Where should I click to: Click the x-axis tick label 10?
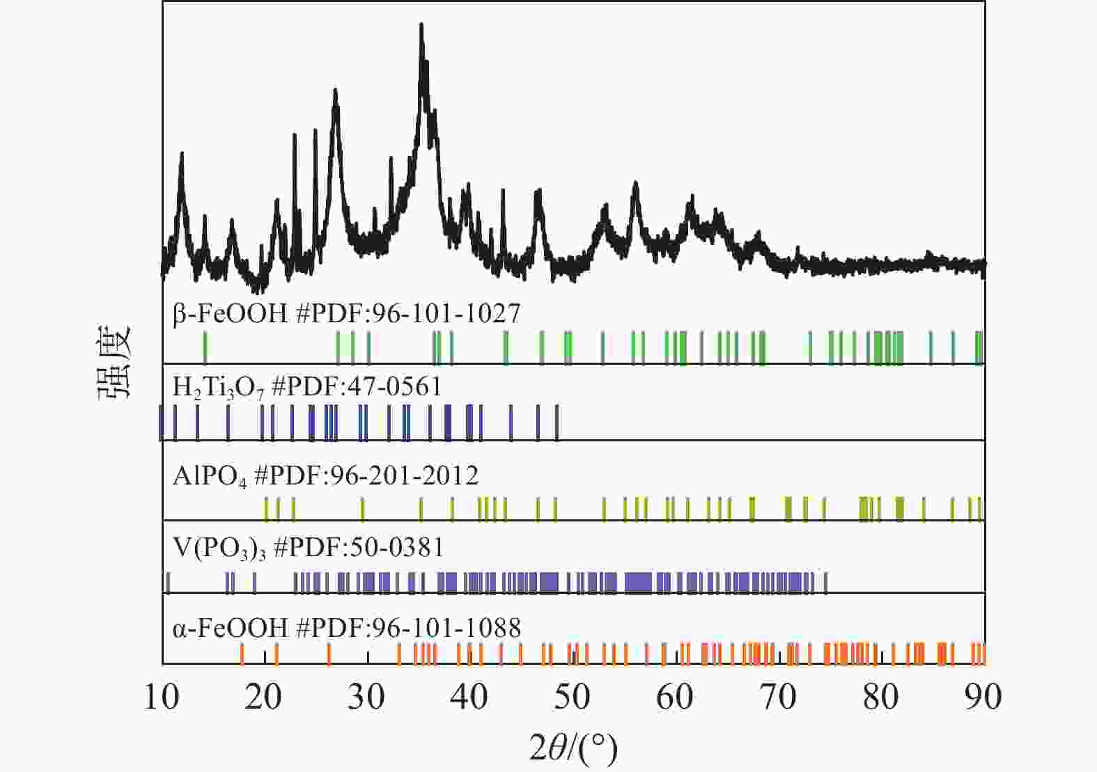(x=162, y=697)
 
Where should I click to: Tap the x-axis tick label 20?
(x=264, y=697)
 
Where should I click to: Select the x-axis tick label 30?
(x=367, y=697)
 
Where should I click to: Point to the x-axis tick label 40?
(x=469, y=697)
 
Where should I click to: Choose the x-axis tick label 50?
(x=573, y=697)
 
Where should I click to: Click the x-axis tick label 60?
(x=675, y=697)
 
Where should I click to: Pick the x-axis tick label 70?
(x=778, y=697)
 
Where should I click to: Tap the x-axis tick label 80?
(x=880, y=697)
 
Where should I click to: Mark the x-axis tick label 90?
(x=983, y=697)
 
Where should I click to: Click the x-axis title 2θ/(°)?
(x=573, y=749)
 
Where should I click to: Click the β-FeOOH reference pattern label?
(x=346, y=314)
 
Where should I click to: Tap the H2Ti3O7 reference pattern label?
(x=306, y=386)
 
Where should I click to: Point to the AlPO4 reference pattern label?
(x=325, y=476)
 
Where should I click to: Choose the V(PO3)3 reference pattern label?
(x=308, y=548)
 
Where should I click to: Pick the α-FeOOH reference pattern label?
(x=346, y=628)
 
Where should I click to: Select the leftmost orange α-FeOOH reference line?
(x=242, y=654)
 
